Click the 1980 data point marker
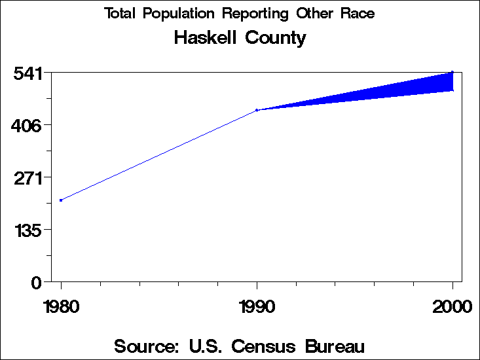click(61, 200)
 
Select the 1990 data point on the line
click(257, 110)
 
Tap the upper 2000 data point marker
click(452, 72)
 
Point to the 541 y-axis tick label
click(28, 73)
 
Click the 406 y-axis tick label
click(28, 125)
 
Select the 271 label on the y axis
click(28, 178)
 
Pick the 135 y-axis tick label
click(28, 230)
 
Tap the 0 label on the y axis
click(37, 283)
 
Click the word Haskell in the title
click(206, 38)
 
